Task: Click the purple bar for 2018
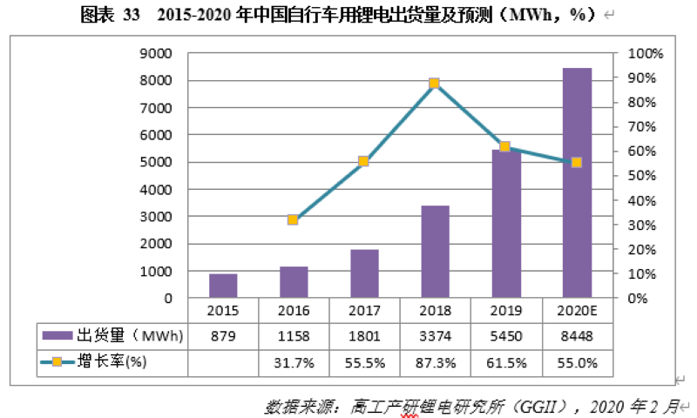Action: click(435, 252)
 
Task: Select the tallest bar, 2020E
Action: click(577, 183)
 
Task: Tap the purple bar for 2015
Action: click(223, 286)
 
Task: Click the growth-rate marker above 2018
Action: click(435, 84)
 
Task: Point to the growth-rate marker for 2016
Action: click(293, 220)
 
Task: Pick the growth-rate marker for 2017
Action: click(363, 161)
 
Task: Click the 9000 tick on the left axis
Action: click(157, 53)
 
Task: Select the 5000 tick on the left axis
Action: click(157, 162)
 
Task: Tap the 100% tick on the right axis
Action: click(646, 53)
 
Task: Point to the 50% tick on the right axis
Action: click(643, 176)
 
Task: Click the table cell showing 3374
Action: click(434, 335)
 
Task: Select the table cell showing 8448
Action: click(576, 335)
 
